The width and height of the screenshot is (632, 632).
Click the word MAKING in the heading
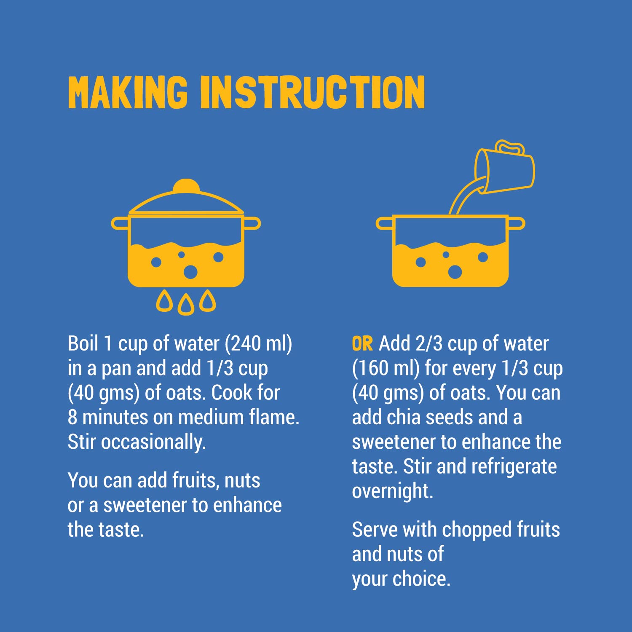[x=128, y=92]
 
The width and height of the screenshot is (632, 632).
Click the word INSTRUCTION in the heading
[x=312, y=92]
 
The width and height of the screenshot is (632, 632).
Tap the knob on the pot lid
[x=186, y=186]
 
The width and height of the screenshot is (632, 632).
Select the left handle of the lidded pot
[x=120, y=223]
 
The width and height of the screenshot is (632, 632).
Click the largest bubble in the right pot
[x=455, y=272]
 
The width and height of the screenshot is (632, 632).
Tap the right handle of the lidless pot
[x=517, y=223]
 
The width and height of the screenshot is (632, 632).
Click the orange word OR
[x=362, y=344]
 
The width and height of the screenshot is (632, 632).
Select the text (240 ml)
[x=258, y=344]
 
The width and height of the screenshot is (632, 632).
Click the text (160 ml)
[x=386, y=369]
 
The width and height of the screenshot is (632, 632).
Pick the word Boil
[x=83, y=343]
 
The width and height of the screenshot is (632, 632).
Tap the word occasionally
[x=153, y=442]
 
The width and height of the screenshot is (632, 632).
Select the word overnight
[x=393, y=491]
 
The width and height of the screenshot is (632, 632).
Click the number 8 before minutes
[x=72, y=417]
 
